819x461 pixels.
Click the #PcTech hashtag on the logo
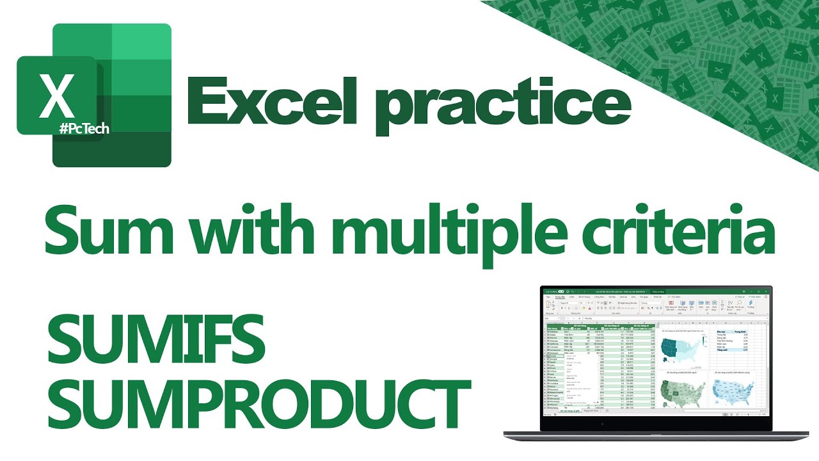coord(84,129)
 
